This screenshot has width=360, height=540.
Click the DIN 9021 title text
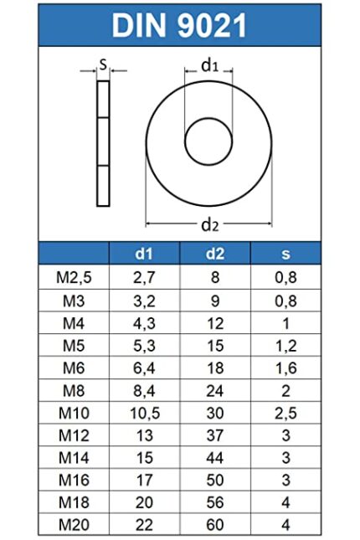[180, 25]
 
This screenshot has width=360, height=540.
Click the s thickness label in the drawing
[102, 63]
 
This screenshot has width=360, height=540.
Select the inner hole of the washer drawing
[208, 141]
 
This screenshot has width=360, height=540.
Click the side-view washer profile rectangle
[104, 142]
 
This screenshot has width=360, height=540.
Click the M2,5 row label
[74, 277]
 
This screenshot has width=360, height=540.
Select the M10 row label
[74, 412]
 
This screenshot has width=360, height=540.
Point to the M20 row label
[74, 525]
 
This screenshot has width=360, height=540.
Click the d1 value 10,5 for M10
[145, 412]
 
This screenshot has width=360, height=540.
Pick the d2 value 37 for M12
[216, 435]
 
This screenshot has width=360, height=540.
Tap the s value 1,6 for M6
[286, 367]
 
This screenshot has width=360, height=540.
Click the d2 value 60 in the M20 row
[216, 525]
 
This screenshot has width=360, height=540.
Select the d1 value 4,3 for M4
[145, 321]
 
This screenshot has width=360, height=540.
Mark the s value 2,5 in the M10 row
[286, 412]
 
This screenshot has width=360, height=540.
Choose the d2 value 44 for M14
[216, 457]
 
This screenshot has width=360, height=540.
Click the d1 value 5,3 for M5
[145, 344]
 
